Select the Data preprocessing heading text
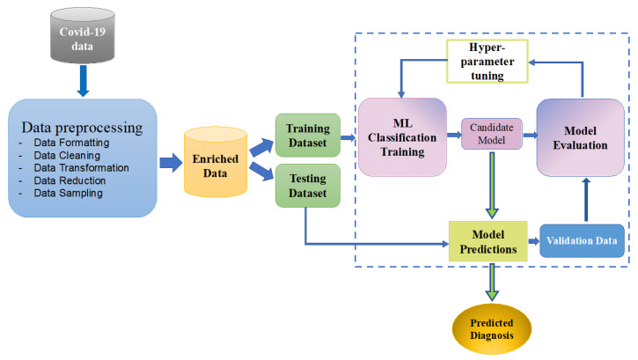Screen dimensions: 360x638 [x=83, y=124]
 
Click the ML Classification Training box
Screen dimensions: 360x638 [x=402, y=136]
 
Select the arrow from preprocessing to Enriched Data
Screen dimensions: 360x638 [x=170, y=162]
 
